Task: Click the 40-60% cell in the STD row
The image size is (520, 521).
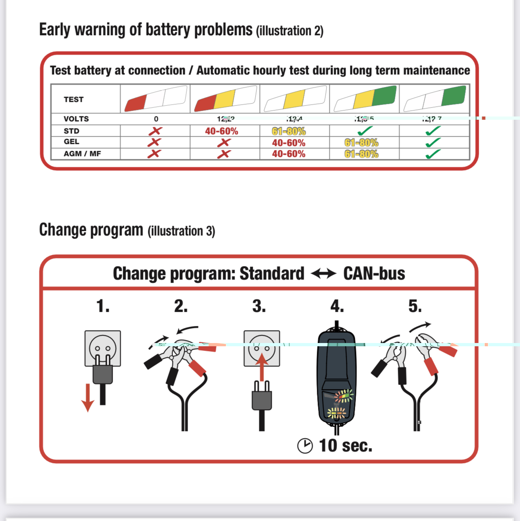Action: [x=222, y=131]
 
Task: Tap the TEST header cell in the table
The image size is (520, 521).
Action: [x=73, y=100]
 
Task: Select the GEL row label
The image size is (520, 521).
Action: [x=71, y=142]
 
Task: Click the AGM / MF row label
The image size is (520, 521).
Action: [x=82, y=154]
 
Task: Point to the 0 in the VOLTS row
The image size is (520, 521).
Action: [x=156, y=119]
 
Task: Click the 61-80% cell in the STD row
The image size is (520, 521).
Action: [x=289, y=131]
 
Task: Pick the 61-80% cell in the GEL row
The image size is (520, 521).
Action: [x=361, y=143]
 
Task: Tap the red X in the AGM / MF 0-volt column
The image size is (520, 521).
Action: [x=154, y=154]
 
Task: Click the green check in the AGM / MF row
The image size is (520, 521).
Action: [x=433, y=154]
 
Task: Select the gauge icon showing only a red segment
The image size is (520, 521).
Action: [x=156, y=99]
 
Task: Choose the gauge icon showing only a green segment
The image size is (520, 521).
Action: [x=435, y=99]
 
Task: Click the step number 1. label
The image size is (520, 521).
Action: [x=103, y=306]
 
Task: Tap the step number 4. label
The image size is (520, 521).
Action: [x=337, y=306]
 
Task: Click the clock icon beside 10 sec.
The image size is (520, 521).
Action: [x=305, y=446]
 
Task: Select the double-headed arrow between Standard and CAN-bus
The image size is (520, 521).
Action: [x=324, y=274]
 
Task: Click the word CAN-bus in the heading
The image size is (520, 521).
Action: [x=374, y=273]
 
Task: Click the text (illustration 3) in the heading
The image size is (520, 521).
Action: [x=181, y=231]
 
